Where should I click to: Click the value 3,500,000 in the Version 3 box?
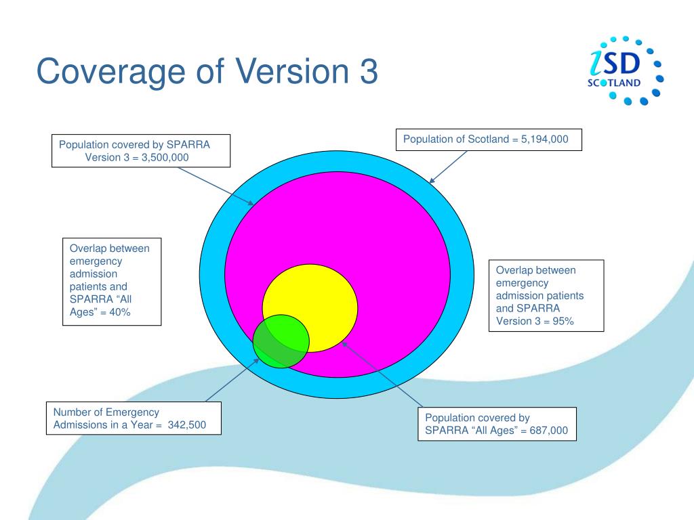coord(165,157)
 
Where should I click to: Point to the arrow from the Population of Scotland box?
coord(449,167)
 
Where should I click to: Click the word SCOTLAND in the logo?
coord(613,83)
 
